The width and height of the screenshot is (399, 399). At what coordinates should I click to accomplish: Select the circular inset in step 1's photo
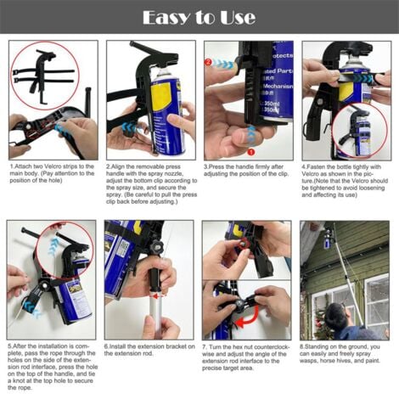tap(45, 76)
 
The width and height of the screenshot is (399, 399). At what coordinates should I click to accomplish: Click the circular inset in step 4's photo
tap(357, 130)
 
